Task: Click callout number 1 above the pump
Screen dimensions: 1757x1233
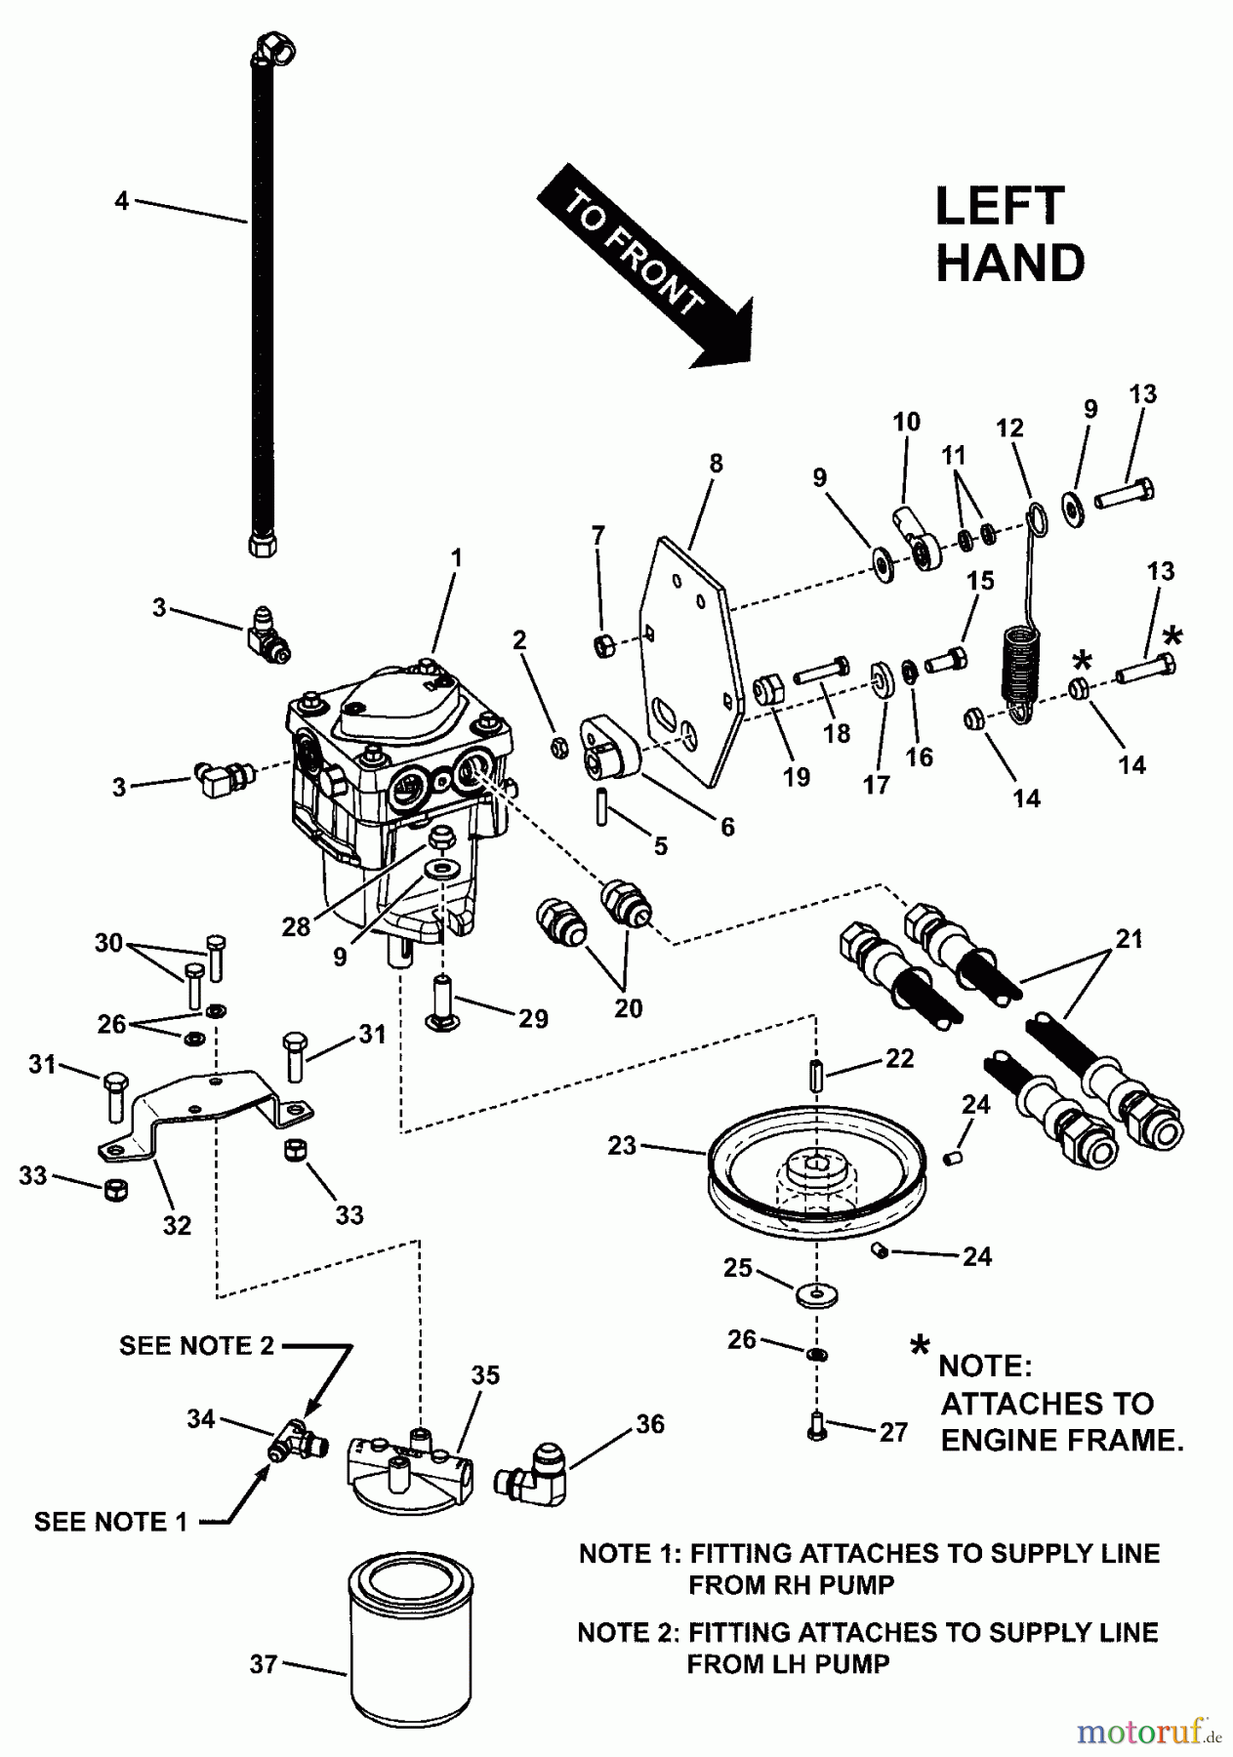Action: click(x=455, y=558)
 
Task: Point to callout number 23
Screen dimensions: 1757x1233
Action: click(x=621, y=1145)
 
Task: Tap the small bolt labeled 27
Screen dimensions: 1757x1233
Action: click(x=816, y=1429)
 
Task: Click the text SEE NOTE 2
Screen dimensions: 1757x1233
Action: click(x=196, y=1345)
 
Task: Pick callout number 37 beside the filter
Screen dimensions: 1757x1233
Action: click(x=264, y=1664)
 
